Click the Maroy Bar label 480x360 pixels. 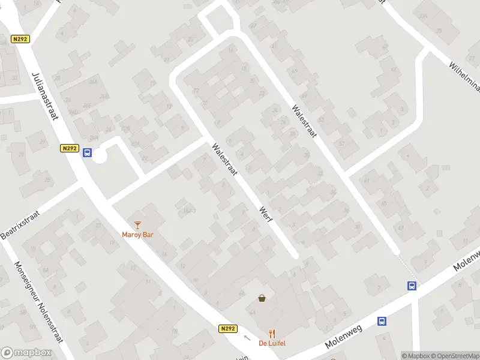pyautogui.click(x=138, y=235)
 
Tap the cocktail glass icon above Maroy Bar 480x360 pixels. pyautogui.click(x=138, y=225)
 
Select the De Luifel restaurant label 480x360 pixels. pyautogui.click(x=272, y=343)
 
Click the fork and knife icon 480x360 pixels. pyautogui.click(x=272, y=334)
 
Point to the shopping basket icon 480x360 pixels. pyautogui.click(x=262, y=298)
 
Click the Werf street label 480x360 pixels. pyautogui.click(x=266, y=214)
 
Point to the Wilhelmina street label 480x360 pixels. pyautogui.click(x=465, y=74)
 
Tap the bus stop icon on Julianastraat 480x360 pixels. pyautogui.click(x=87, y=152)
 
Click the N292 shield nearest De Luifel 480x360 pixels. pyautogui.click(x=227, y=329)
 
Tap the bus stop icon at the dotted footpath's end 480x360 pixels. pyautogui.click(x=412, y=286)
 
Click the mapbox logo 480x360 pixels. pyautogui.click(x=26, y=353)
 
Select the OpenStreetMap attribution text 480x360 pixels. pyautogui.click(x=454, y=356)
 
